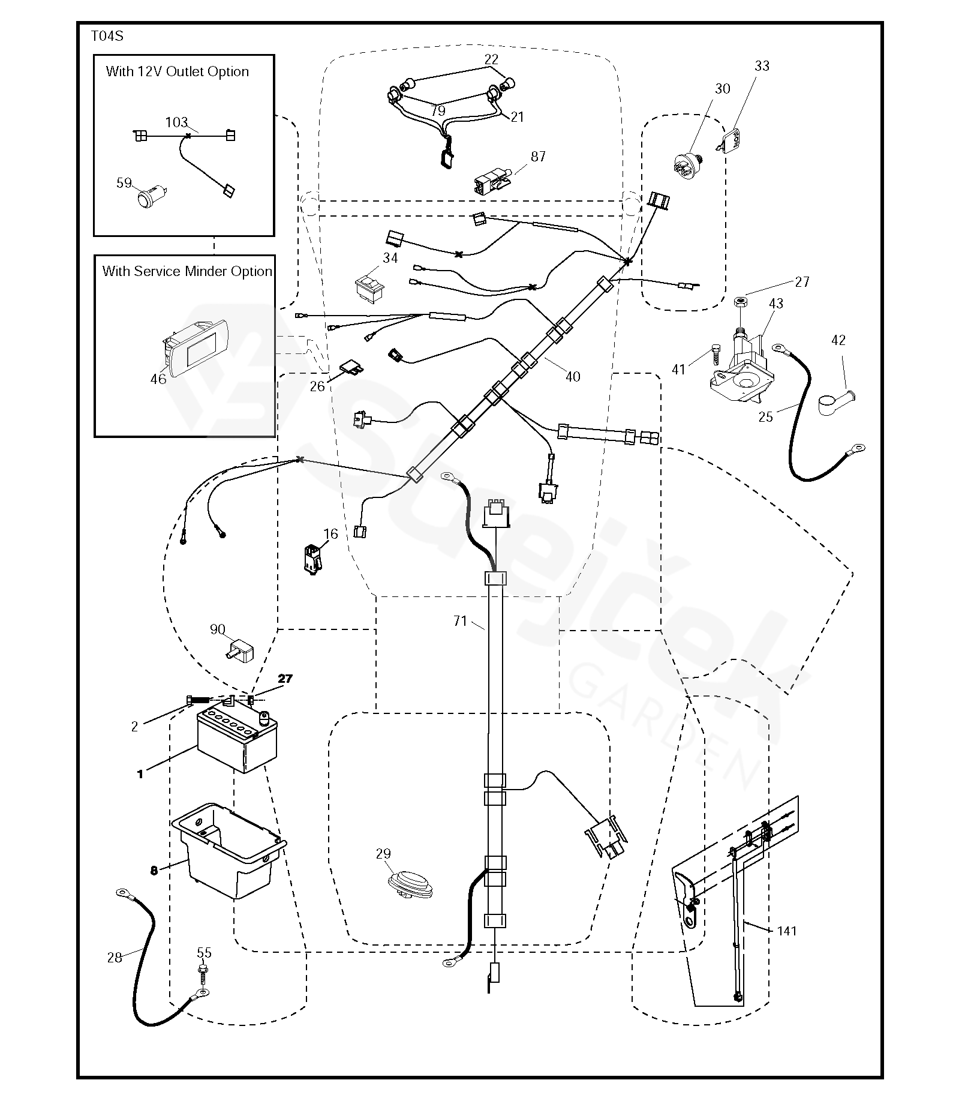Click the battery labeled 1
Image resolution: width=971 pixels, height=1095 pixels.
point(238,740)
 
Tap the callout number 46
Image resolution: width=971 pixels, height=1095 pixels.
point(158,379)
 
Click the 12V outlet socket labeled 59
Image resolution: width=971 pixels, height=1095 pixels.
point(146,199)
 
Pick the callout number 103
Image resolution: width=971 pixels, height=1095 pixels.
point(176,122)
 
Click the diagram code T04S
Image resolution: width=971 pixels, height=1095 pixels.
point(107,36)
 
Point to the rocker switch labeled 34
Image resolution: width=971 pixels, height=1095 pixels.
point(368,290)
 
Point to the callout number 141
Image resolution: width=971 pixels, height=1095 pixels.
point(786,931)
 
